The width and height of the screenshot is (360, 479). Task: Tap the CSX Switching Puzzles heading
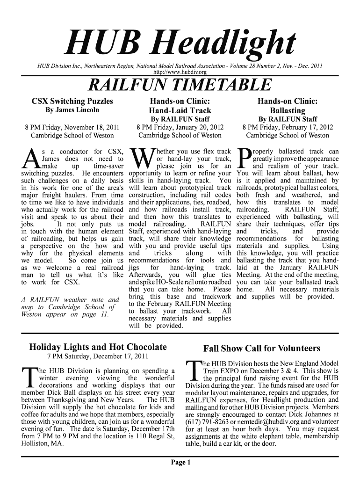click(72, 101)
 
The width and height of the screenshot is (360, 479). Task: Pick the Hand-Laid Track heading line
click(180, 111)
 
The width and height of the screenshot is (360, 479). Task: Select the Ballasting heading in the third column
click(288, 111)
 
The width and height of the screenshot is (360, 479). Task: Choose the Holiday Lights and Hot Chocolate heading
click(98, 347)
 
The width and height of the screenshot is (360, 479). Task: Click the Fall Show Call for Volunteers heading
click(262, 348)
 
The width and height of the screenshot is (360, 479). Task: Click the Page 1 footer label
click(180, 463)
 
